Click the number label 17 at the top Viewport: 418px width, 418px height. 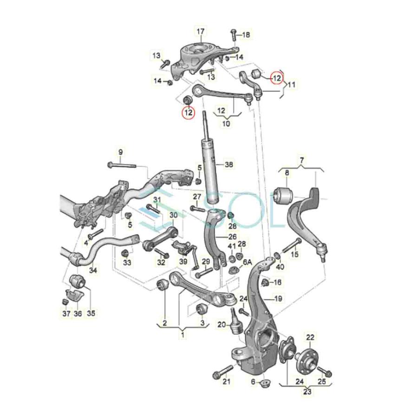(x=201, y=32)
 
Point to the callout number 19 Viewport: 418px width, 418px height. (x=278, y=299)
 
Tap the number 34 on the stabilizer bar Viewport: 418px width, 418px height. (x=93, y=270)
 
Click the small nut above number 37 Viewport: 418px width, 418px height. (x=66, y=302)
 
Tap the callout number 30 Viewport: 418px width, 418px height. (x=173, y=216)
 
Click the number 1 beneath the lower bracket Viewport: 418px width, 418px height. (x=183, y=334)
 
